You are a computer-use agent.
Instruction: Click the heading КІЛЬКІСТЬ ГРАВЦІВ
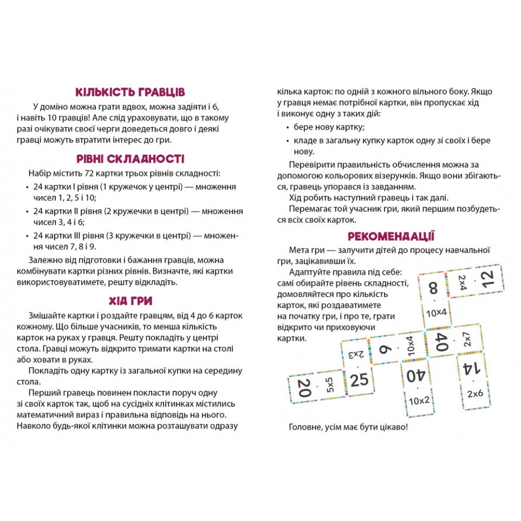pyautogui.click(x=130, y=93)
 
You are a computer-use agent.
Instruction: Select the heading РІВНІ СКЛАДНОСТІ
pyautogui.click(x=130, y=159)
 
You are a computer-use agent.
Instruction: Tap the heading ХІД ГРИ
pyautogui.click(x=130, y=301)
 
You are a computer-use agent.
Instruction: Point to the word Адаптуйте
pyautogui.click(x=311, y=272)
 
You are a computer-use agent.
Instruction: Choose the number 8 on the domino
pyautogui.click(x=433, y=289)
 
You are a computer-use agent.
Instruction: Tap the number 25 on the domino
pyautogui.click(x=359, y=380)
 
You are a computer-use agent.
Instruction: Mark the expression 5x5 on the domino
pyautogui.click(x=330, y=386)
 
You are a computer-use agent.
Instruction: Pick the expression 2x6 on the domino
pyautogui.click(x=475, y=394)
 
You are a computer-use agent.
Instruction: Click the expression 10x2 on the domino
pyautogui.click(x=433, y=401)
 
